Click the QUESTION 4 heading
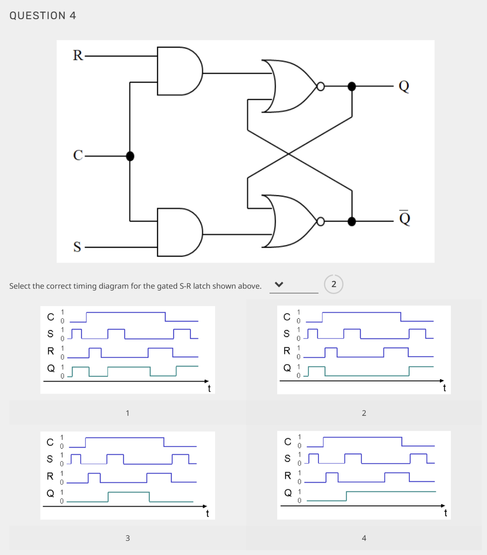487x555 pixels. pos(43,15)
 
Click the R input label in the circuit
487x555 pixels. pos(78,55)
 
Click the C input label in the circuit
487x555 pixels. pos(78,155)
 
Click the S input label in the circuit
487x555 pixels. pos(77,246)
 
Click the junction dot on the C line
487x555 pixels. pos(130,156)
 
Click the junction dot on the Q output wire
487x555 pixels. pos(352,86)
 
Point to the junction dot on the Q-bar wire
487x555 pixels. pos(352,221)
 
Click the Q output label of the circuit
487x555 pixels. pos(404,86)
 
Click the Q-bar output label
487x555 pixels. pos(405,218)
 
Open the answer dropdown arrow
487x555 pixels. pos(279,284)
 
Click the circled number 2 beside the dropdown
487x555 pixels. pos(334,284)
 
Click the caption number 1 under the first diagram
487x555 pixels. pos(127,413)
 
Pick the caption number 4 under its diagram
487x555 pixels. pos(364,538)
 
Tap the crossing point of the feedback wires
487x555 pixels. pos(289,154)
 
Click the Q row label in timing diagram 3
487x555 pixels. pos(50,493)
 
